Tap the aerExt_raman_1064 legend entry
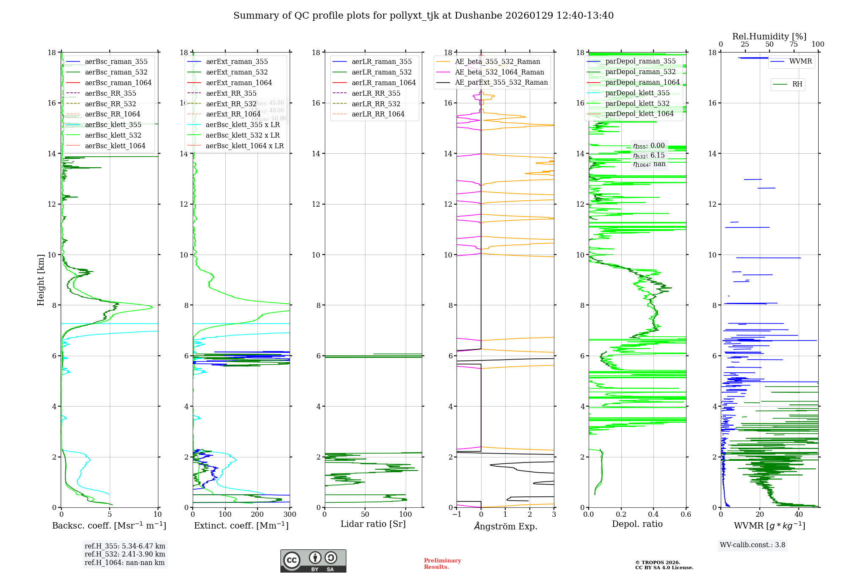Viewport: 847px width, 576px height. pos(239,83)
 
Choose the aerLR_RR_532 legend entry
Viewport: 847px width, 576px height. pos(376,104)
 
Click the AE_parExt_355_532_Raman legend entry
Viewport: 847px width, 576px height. pos(501,83)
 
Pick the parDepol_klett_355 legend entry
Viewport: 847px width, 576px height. pos(637,93)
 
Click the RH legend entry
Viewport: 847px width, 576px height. pos(797,84)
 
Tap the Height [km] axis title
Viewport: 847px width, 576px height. pos(41,280)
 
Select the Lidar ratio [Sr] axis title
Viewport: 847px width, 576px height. pos(373,524)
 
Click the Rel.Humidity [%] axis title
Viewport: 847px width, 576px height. pos(769,36)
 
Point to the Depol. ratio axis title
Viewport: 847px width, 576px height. pos(637,524)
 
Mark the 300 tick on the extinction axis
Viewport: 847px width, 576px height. pos(290,515)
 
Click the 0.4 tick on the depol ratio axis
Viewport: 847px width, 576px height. pos(653,515)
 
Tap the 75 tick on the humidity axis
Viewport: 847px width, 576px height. pos(793,44)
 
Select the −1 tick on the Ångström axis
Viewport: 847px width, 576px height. pos(457,515)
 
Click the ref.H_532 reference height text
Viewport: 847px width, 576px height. pos(125,554)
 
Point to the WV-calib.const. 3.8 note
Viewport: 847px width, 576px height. pos(752,545)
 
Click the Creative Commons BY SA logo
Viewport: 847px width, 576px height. pos(313,561)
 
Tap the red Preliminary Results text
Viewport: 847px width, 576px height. pos(442,564)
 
